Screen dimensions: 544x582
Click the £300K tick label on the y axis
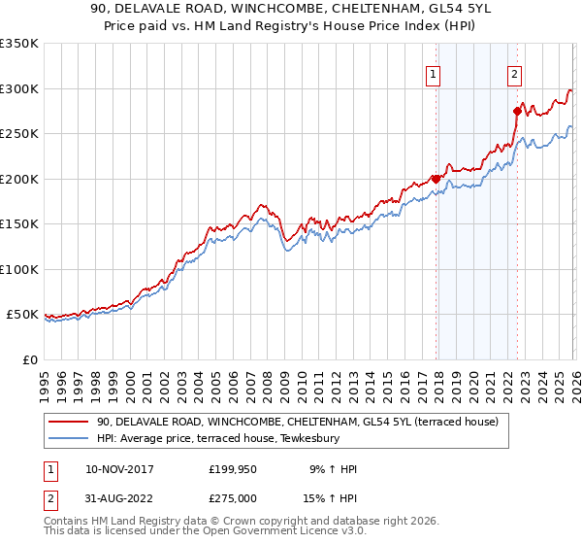18,88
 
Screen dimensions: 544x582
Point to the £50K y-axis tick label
21,315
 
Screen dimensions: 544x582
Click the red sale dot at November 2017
436,179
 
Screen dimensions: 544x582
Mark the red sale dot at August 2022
517,111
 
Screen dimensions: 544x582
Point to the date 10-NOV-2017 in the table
119,469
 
